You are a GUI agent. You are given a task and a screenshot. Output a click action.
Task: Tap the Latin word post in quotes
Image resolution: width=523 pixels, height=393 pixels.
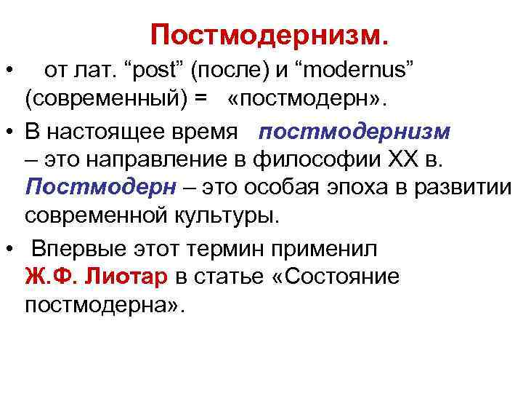(155, 71)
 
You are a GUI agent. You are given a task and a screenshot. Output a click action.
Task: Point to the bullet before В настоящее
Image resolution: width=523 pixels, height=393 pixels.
(10, 133)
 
